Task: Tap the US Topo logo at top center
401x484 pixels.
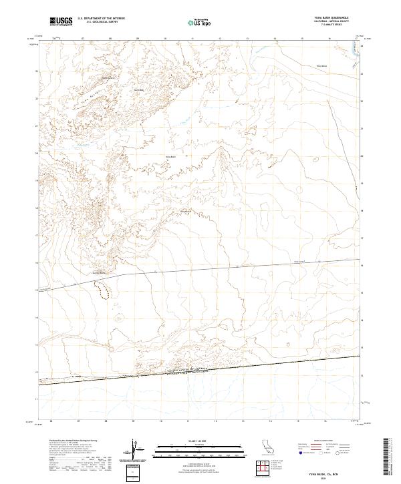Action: [200, 22]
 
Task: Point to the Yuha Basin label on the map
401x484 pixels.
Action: [170, 157]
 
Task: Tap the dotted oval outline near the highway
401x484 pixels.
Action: [102, 289]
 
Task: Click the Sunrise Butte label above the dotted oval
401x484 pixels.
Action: [99, 272]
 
